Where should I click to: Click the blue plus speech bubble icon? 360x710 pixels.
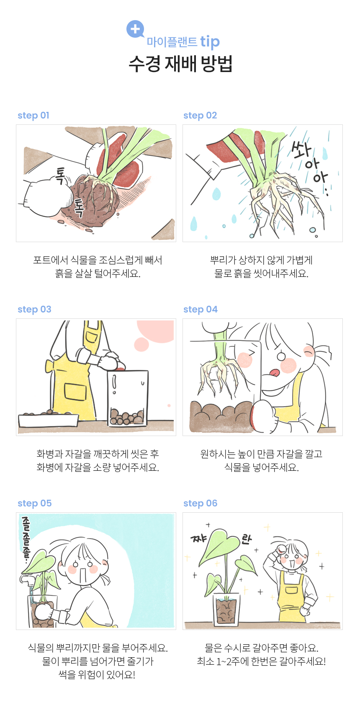[x=135, y=29]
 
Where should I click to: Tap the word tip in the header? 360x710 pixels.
[x=210, y=42]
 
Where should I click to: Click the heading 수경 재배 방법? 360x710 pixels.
[x=180, y=64]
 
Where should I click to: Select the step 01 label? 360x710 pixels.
[x=33, y=115]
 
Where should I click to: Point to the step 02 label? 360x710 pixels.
[x=200, y=115]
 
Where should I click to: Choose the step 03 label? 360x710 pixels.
[x=34, y=310]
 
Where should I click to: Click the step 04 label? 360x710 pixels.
[x=201, y=310]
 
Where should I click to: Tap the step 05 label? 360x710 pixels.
[x=34, y=503]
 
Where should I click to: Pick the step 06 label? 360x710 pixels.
[x=201, y=503]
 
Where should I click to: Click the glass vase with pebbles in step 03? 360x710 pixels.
[x=128, y=398]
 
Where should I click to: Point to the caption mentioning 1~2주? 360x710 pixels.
[x=262, y=661]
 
